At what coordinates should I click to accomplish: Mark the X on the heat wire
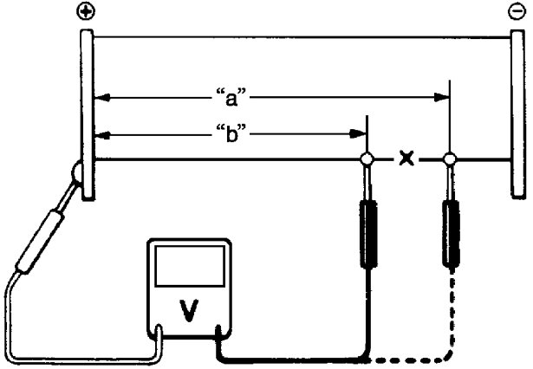pos(405,159)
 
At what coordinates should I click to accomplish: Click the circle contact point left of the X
pos(367,159)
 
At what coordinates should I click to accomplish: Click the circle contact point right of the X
pos(449,159)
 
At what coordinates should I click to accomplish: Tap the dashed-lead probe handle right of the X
pos(452,233)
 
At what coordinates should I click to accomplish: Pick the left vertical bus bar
pos(88,113)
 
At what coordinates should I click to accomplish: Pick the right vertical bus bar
pos(518,113)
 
